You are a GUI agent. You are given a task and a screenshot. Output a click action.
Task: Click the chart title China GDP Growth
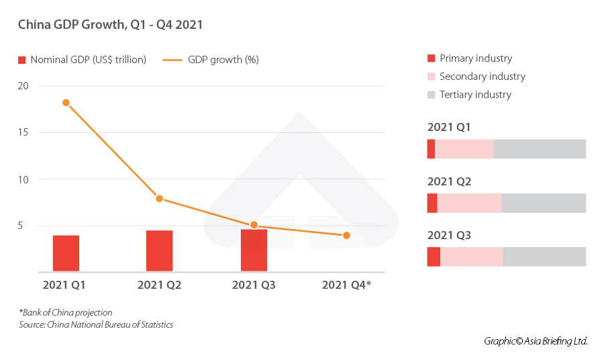[110, 25]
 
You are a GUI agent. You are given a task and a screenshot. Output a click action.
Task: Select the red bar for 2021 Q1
[66, 253]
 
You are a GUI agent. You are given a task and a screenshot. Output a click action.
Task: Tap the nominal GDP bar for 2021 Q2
[159, 251]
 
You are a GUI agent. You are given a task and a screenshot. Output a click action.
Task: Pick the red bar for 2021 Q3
[254, 251]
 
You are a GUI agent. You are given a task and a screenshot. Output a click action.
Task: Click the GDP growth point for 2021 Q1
[66, 103]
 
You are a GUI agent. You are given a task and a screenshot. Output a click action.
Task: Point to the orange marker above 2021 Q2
[159, 198]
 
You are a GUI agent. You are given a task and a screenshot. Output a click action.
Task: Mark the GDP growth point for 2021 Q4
[346, 235]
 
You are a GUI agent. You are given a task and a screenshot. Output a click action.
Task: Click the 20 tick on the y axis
[23, 86]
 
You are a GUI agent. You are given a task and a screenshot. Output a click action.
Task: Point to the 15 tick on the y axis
[23, 132]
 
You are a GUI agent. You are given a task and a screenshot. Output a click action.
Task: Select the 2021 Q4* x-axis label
[346, 285]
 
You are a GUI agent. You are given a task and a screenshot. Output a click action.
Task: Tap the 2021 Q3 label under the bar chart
[254, 285]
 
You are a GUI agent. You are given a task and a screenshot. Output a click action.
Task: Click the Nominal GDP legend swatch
[22, 60]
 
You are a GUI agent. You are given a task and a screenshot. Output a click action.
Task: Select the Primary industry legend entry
[475, 58]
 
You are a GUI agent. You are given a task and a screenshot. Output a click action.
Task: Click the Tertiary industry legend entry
[475, 95]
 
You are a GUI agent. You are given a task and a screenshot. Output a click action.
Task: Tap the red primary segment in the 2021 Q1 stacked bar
[431, 149]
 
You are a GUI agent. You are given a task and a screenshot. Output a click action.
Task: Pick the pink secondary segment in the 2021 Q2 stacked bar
[469, 203]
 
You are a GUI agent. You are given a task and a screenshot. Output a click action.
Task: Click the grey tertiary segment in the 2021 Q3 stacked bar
[544, 257]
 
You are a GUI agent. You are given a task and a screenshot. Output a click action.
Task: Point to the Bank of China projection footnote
[65, 312]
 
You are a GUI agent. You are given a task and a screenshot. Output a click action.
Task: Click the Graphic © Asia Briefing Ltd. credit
[536, 341]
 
